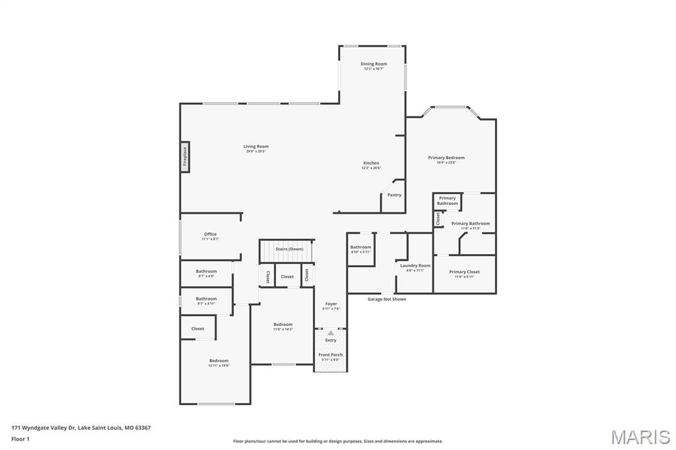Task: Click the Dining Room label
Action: [x=374, y=64]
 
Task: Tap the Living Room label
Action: [x=256, y=146]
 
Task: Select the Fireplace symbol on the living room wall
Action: [x=185, y=158]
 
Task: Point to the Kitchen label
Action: [x=371, y=163]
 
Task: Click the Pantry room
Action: [x=394, y=195]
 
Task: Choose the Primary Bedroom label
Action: [x=446, y=158]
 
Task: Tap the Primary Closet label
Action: [x=464, y=272]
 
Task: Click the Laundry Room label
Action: [x=415, y=265]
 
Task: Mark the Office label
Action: [x=210, y=234]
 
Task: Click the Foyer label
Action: [x=331, y=304]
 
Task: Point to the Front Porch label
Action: [x=331, y=355]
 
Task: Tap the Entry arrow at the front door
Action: [x=331, y=334]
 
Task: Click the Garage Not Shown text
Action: [x=387, y=299]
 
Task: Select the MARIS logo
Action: [x=640, y=437]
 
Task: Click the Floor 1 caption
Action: [x=21, y=439]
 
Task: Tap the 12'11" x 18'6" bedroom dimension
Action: [x=219, y=365]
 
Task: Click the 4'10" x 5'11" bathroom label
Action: [x=360, y=251]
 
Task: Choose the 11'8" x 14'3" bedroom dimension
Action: [x=283, y=329]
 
